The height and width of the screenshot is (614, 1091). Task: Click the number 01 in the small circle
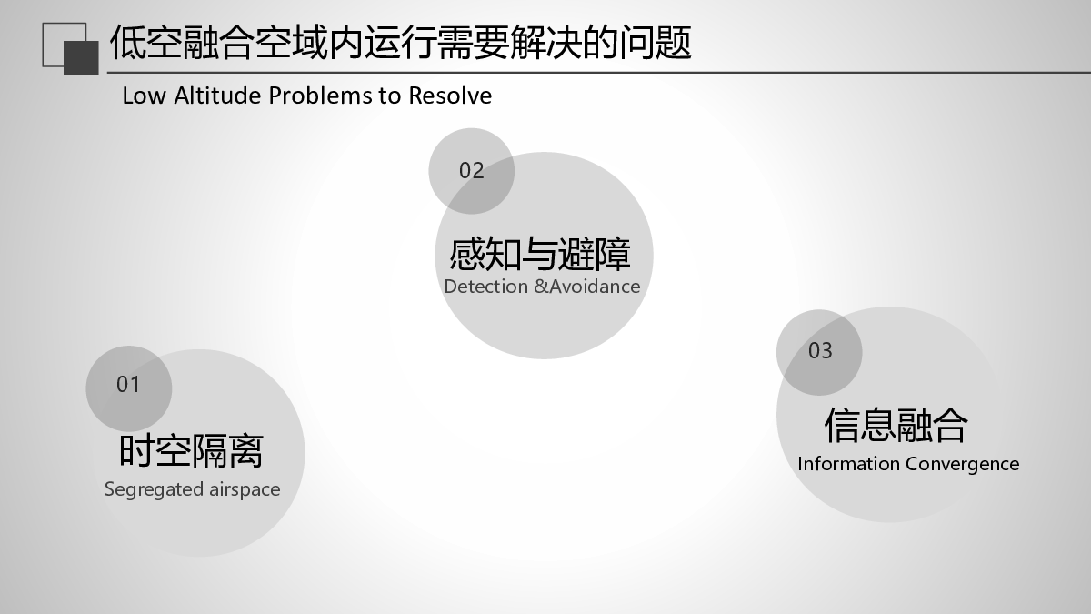[x=128, y=385]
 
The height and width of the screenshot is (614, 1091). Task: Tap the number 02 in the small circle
[x=472, y=171]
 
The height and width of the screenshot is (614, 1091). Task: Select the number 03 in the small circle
[x=820, y=351]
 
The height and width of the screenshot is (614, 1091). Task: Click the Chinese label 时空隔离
[x=191, y=451]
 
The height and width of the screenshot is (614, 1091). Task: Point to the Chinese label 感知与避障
[x=540, y=254]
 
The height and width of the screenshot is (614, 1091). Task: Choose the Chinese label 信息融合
[x=896, y=426]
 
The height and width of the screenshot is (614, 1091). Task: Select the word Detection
[x=486, y=287]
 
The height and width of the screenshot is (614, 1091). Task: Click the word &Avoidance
[x=587, y=287]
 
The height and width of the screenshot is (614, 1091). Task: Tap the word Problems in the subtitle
[x=320, y=96]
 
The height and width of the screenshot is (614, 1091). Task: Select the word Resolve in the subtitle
[x=450, y=96]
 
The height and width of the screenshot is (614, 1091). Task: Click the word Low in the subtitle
[x=145, y=96]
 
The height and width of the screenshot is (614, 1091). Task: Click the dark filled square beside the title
[x=81, y=58]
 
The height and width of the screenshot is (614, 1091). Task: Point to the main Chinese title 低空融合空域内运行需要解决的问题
[x=400, y=43]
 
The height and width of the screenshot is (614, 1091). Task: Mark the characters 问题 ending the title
[x=656, y=43]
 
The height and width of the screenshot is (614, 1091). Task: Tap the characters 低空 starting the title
[x=146, y=43]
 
